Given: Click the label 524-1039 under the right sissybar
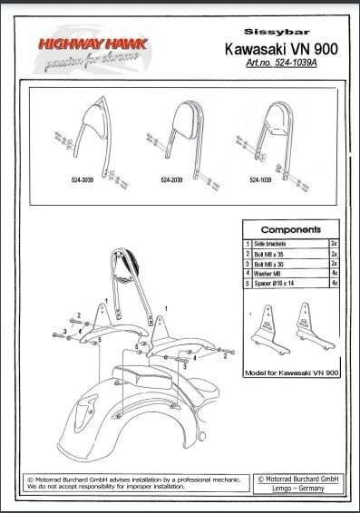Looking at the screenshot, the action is coord(261,180).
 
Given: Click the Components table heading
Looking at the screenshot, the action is coord(289,231).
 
